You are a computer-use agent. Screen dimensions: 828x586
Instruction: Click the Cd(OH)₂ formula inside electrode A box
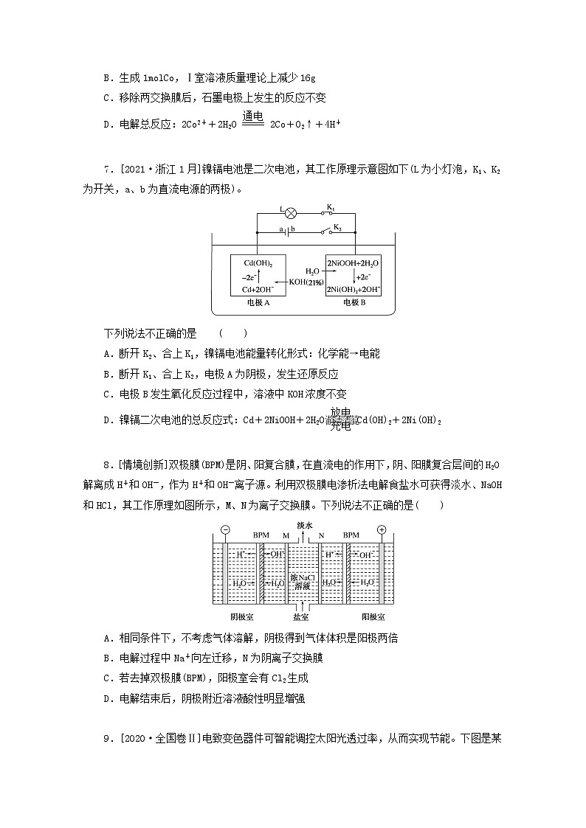tap(252, 263)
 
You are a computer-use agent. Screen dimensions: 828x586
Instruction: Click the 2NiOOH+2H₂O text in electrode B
tap(354, 263)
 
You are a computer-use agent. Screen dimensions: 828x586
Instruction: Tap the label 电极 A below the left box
tap(252, 302)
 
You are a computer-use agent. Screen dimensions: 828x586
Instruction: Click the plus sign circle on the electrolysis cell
tap(382, 530)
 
